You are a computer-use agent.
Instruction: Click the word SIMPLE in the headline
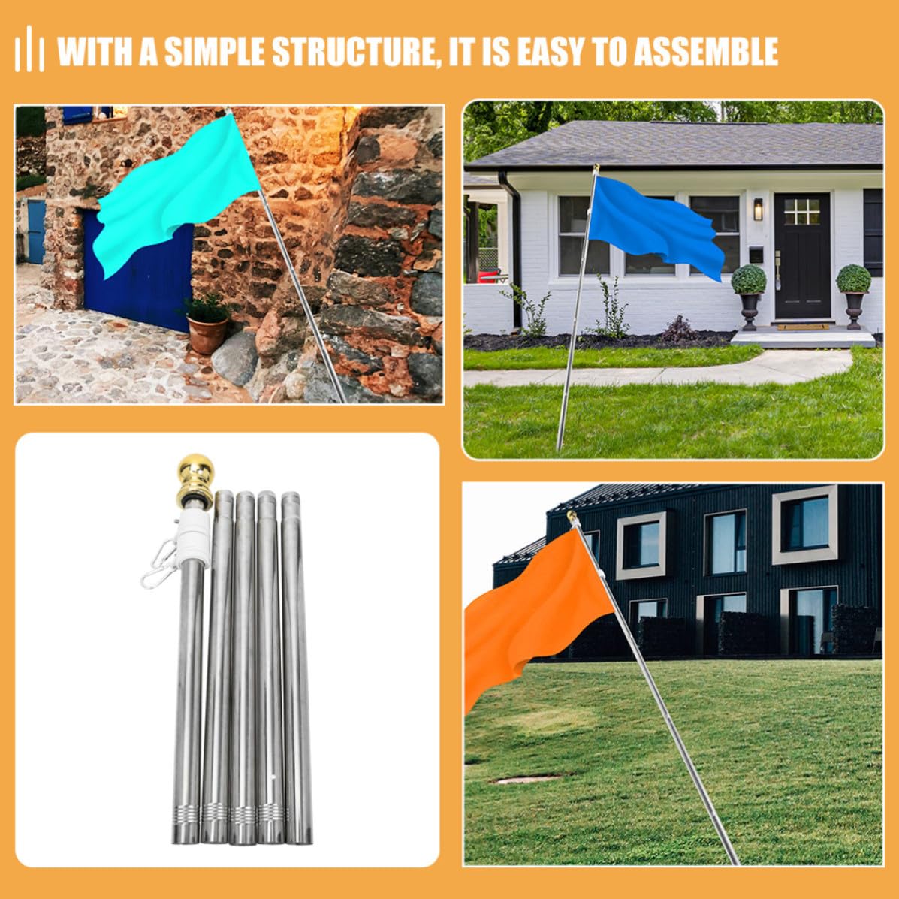pyautogui.click(x=215, y=52)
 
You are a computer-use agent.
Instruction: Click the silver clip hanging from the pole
pyautogui.click(x=158, y=565)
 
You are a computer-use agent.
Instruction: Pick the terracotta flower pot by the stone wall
pyautogui.click(x=207, y=334)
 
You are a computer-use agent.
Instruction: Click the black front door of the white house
pyautogui.click(x=802, y=255)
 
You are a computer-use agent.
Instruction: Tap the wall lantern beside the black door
pyautogui.click(x=758, y=210)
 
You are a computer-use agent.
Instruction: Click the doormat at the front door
pyautogui.click(x=802, y=327)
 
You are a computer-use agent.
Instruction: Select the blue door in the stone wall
pyautogui.click(x=138, y=270)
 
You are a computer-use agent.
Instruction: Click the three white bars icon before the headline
pyautogui.click(x=29, y=50)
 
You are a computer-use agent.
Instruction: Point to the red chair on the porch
pyautogui.click(x=490, y=276)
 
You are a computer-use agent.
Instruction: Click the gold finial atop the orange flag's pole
pyautogui.click(x=572, y=517)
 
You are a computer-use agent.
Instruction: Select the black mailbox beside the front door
pyautogui.click(x=756, y=255)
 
